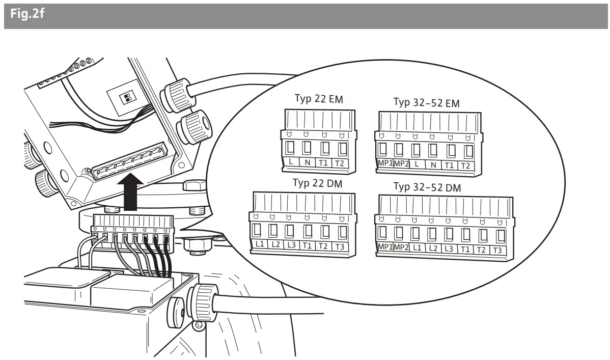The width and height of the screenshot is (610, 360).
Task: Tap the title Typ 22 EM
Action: click(319, 99)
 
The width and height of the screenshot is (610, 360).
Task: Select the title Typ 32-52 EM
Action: click(426, 103)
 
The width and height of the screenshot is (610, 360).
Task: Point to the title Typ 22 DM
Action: click(316, 183)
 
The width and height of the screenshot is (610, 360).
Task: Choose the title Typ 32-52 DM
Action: click(427, 187)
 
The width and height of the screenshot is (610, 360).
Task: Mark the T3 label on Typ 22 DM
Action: click(339, 246)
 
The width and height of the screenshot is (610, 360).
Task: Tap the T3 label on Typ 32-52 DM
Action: click(497, 250)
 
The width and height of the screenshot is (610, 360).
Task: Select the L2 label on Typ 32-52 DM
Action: click(433, 248)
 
